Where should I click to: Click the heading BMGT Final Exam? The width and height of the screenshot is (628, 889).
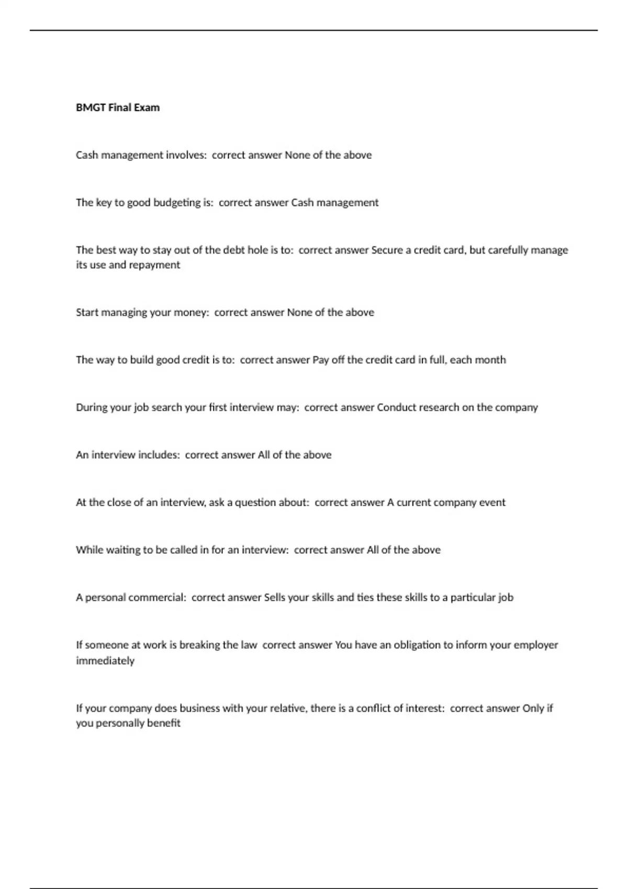(118, 107)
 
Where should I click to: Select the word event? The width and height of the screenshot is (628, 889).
(492, 503)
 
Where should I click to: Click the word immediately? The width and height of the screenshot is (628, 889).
(105, 660)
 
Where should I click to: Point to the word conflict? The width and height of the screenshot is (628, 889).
(375, 708)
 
